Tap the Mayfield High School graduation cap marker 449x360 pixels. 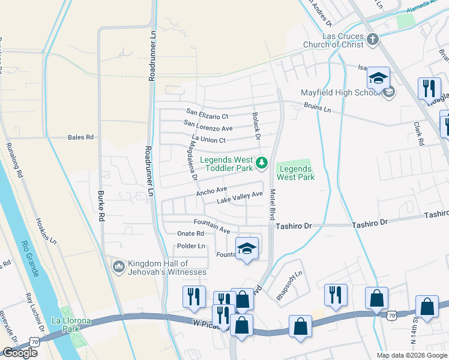pos(379,79)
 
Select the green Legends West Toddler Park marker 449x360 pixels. pos(262,163)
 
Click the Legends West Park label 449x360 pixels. pos(295,173)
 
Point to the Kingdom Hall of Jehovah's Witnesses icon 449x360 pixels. pos(118,266)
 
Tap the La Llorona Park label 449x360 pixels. pos(71,325)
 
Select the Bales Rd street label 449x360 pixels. pos(80,137)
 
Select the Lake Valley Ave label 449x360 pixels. pos(240,197)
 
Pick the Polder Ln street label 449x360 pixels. pos(191,247)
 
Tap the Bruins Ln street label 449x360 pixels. pos(318,110)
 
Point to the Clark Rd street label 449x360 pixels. pos(418,134)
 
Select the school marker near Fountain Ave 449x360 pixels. pos(246,248)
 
